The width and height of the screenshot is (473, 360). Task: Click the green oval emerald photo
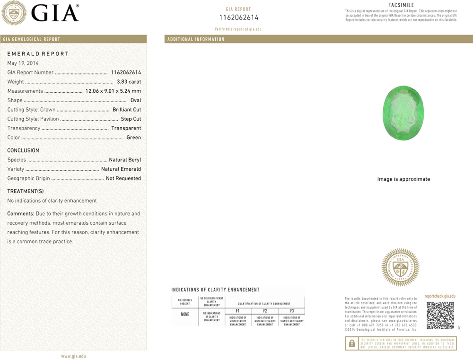coord(403,113)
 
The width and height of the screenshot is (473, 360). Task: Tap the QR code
coord(440,315)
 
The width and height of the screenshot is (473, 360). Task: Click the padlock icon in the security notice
coord(352,343)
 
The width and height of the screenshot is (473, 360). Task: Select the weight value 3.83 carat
coord(129,82)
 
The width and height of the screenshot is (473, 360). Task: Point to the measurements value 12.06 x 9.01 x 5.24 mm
coord(113,91)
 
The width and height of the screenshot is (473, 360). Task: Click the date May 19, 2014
coord(23,63)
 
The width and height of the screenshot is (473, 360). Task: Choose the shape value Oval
coord(136,100)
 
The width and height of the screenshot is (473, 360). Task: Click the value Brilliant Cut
coord(127,110)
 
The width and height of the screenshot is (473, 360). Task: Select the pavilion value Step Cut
coord(131,119)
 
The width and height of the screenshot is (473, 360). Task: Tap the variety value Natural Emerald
coord(121,169)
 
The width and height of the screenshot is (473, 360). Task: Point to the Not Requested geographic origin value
coord(123,178)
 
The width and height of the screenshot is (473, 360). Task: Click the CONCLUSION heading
coord(23,151)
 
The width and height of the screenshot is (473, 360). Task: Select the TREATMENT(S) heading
coord(25,191)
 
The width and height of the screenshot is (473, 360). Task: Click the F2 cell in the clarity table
coord(265,311)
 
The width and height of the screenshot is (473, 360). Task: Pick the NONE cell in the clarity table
coord(185,314)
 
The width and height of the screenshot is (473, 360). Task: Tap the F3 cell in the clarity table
coord(292,311)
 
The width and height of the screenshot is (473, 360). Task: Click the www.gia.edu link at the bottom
coord(73,356)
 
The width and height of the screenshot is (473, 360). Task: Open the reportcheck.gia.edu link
coord(440,296)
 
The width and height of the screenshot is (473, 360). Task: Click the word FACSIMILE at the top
coord(401,5)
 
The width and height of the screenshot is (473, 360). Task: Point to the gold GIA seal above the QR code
coord(400,267)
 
